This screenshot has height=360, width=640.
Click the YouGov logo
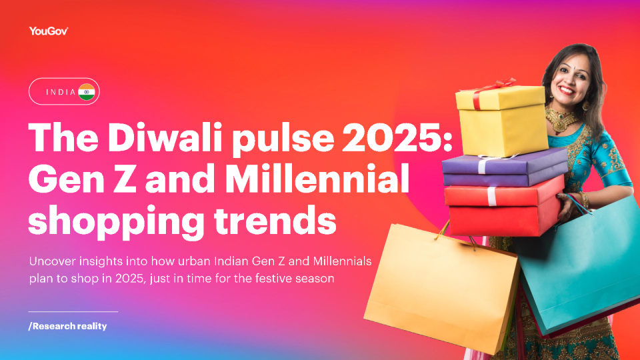49,31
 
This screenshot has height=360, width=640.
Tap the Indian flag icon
87,92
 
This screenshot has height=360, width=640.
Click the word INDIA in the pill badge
61,92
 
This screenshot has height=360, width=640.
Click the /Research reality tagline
67,326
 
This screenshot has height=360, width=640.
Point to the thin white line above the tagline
73,311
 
